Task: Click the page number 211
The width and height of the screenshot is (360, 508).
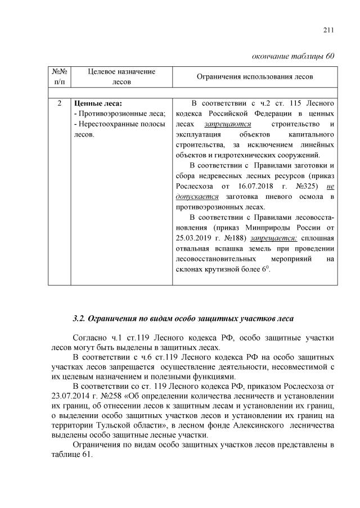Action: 330,30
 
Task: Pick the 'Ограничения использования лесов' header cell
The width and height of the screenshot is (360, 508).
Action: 255,76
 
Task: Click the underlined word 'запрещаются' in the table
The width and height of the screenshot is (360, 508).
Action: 219,124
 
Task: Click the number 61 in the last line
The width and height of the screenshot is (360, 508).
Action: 85,456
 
